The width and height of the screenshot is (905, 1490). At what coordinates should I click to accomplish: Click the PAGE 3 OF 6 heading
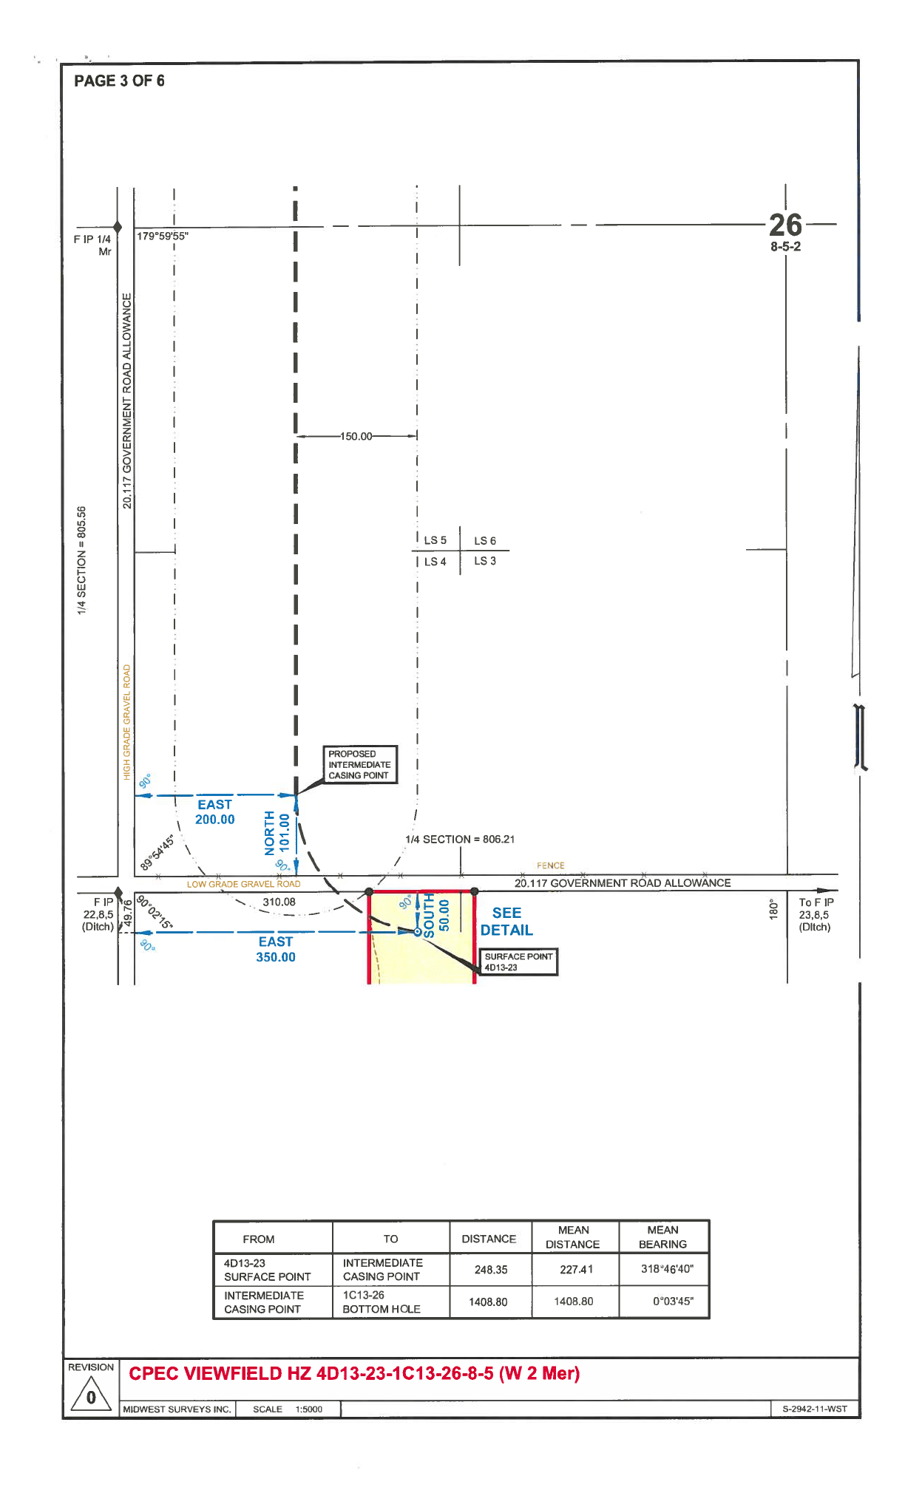(119, 81)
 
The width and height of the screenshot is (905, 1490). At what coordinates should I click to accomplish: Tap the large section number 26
(784, 225)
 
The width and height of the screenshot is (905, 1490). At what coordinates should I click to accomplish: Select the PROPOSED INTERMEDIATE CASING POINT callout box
(360, 764)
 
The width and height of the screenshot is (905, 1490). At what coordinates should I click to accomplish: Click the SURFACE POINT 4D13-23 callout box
(518, 962)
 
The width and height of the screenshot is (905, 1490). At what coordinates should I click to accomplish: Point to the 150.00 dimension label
(356, 436)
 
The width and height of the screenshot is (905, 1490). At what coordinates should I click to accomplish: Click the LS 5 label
(435, 540)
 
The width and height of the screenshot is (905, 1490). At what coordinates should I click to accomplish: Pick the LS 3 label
(485, 561)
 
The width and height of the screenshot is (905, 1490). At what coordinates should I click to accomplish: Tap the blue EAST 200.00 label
(215, 812)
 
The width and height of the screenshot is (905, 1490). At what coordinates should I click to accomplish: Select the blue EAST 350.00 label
(276, 949)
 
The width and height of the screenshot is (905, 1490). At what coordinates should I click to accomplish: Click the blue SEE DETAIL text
(506, 922)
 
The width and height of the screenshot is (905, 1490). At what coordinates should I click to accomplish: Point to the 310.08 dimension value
(279, 902)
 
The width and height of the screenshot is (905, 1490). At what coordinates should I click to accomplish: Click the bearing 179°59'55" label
(163, 237)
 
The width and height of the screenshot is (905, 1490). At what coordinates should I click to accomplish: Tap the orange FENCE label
(550, 865)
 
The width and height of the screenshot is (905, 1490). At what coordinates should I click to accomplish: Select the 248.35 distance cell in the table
(491, 1270)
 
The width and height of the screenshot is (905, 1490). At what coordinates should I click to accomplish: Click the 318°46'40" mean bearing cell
(667, 1269)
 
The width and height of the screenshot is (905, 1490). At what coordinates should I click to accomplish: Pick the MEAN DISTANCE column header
(573, 1237)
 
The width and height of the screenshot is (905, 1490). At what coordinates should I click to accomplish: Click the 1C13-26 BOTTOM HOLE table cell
(382, 1302)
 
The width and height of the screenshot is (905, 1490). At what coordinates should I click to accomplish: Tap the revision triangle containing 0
(91, 1396)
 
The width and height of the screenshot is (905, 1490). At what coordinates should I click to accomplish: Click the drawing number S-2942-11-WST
(815, 1409)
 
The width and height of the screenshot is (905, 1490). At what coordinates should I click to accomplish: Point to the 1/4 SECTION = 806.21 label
(460, 839)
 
